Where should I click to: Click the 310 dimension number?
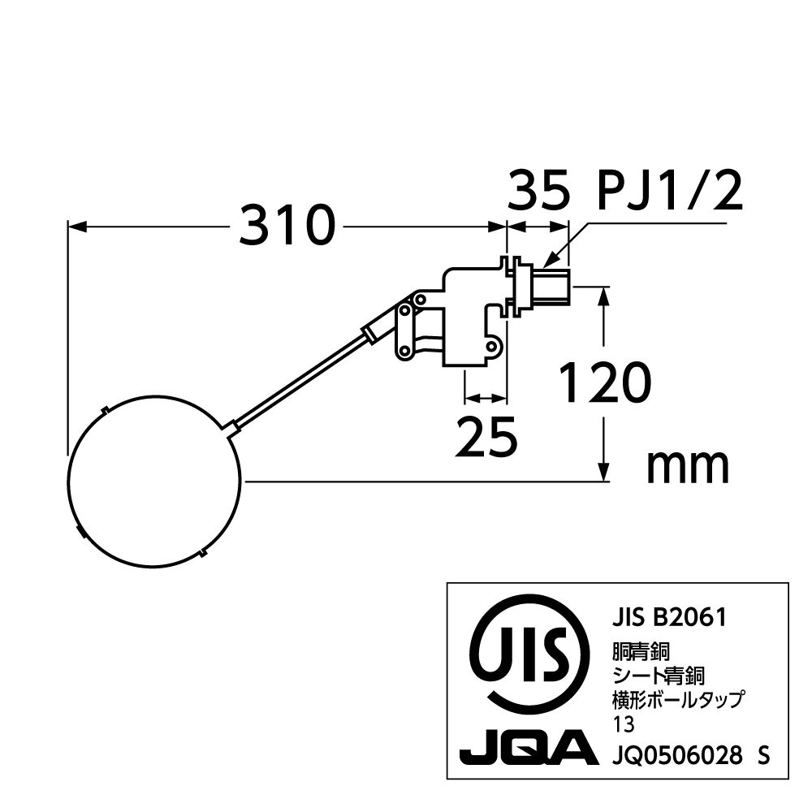point(287,225)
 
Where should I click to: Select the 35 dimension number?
point(538,191)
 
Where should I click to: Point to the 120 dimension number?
point(606,382)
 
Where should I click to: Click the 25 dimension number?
point(486,437)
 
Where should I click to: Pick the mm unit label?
point(688,467)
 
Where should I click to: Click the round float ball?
point(154,482)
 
